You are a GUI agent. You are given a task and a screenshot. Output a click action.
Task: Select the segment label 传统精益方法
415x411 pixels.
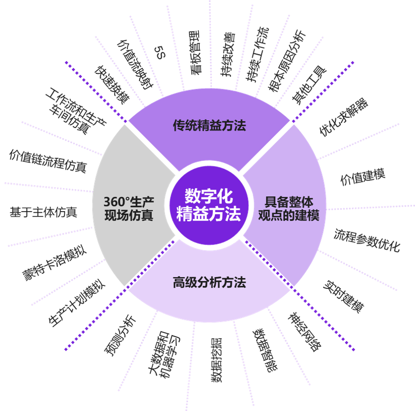coord(209,126)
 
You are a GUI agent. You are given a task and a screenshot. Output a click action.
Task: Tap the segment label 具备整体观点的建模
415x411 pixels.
coord(289,209)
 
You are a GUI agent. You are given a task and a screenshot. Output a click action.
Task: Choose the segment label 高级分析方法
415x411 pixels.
coord(209,283)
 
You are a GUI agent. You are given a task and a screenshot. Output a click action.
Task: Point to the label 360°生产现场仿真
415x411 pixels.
coord(128,209)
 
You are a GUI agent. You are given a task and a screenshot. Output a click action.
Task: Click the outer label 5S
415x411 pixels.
coord(159,54)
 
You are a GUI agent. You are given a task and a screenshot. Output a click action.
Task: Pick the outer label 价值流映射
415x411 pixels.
coord(133,63)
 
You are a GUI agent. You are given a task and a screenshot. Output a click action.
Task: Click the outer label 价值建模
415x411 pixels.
coord(363,177)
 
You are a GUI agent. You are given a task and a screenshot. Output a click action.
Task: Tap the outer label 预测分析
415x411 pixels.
coord(120,335)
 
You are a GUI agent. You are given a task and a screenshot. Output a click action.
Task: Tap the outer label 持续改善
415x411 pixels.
coord(227,54)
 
